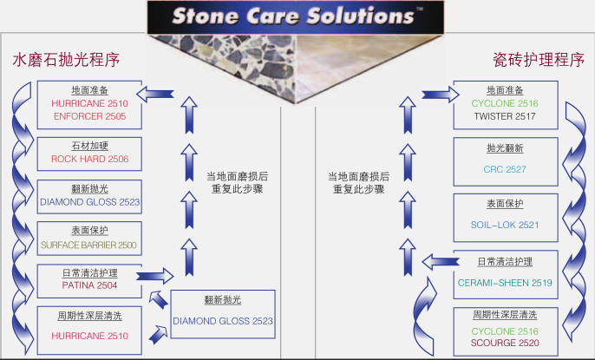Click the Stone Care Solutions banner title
point(291,16)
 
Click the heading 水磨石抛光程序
point(65,60)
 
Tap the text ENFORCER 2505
point(89,115)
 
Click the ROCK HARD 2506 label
point(89,159)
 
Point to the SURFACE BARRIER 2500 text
point(88,245)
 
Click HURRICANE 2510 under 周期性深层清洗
point(89,336)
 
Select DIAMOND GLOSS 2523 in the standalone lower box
point(222,321)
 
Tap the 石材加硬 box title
point(89,145)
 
